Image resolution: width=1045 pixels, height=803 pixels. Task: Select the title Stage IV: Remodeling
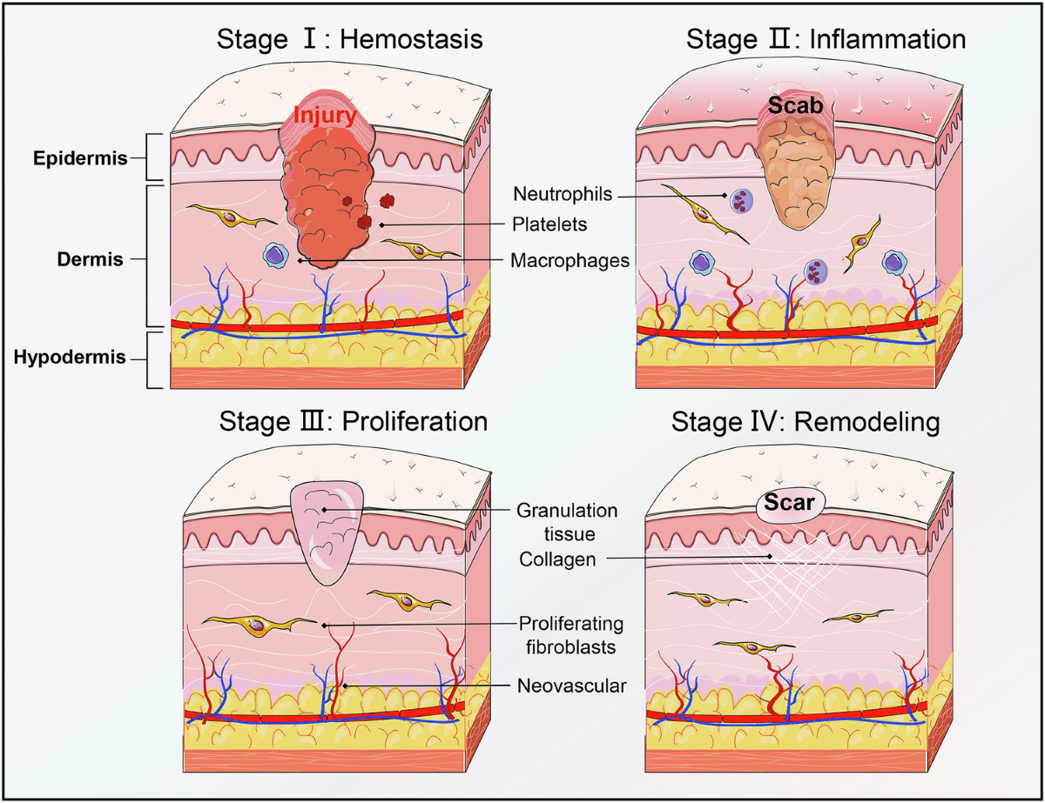[805, 424]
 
